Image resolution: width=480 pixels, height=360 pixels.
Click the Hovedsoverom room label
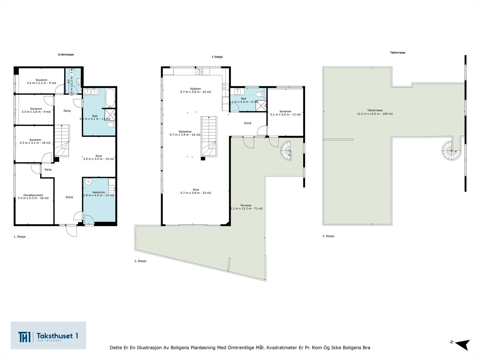33,196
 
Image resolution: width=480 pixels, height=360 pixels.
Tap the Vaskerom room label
99,194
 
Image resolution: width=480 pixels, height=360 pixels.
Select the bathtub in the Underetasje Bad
110,98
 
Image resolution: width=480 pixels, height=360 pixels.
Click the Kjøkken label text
196,90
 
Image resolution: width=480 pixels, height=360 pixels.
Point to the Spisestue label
185,133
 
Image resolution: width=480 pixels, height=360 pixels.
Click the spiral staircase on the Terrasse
286,151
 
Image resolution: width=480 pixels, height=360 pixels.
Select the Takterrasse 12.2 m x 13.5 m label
375,112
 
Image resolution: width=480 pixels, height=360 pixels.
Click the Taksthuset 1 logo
48,335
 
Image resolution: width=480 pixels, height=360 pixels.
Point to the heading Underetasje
66,55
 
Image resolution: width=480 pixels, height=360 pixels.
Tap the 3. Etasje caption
328,236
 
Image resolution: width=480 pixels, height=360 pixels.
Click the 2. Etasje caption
140,261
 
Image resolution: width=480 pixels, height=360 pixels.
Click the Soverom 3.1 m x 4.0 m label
285,113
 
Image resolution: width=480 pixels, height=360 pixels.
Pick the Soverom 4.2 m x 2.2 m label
41,81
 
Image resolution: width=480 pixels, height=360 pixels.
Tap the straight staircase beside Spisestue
209,136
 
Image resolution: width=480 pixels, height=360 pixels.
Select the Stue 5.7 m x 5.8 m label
196,191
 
